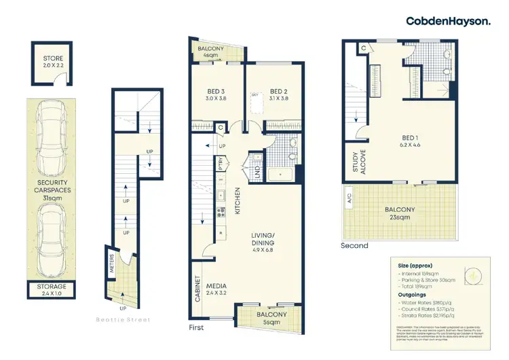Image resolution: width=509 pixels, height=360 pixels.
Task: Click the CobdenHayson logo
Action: point(448,21)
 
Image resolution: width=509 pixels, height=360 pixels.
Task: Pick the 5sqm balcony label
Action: point(271,318)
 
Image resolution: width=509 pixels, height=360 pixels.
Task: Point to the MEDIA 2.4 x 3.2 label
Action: point(217,290)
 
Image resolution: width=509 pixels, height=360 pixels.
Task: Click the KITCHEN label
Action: point(238,201)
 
